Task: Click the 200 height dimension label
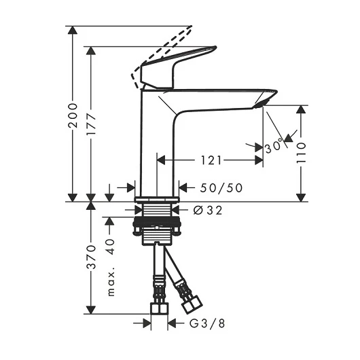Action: (73, 115)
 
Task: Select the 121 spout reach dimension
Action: (211, 160)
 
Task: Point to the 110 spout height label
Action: (301, 153)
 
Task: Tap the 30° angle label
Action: (274, 146)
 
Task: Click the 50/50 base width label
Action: (221, 187)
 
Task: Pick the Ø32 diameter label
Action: (208, 210)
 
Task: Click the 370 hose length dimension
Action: (92, 257)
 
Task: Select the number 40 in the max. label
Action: (111, 247)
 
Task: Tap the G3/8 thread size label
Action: (207, 323)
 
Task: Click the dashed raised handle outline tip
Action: (190, 28)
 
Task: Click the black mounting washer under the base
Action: (157, 221)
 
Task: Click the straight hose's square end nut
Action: (160, 308)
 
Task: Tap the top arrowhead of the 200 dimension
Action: (73, 31)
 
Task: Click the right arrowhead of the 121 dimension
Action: (259, 160)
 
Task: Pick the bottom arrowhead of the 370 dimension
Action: (91, 310)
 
